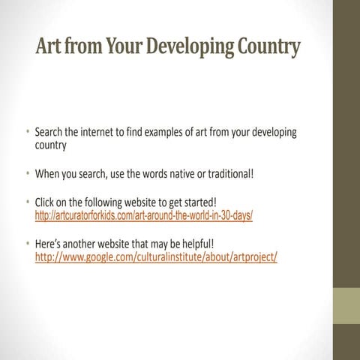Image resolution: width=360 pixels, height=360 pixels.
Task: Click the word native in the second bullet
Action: pyautogui.click(x=186, y=174)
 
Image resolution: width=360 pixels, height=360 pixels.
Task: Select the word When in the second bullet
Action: pyautogui.click(x=47, y=174)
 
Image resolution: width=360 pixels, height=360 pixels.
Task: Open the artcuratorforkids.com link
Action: pyautogui.click(x=145, y=216)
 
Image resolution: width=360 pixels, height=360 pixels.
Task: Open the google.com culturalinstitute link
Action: pyautogui.click(x=157, y=257)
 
